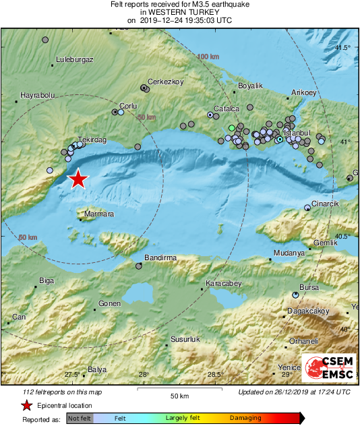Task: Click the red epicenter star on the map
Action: point(79,179)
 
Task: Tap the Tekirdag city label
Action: point(92,139)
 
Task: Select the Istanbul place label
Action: point(297,133)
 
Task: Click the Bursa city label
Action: point(309,287)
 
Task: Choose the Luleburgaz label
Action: point(74,59)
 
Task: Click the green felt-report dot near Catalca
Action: point(232,127)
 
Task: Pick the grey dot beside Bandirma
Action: point(139,266)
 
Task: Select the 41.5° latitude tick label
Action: point(343,47)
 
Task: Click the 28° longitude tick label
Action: point(144,375)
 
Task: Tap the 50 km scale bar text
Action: point(178,396)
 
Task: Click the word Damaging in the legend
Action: point(245,418)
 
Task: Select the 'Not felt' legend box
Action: point(80,419)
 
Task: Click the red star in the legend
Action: point(26,405)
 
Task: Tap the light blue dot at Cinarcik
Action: point(307,208)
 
